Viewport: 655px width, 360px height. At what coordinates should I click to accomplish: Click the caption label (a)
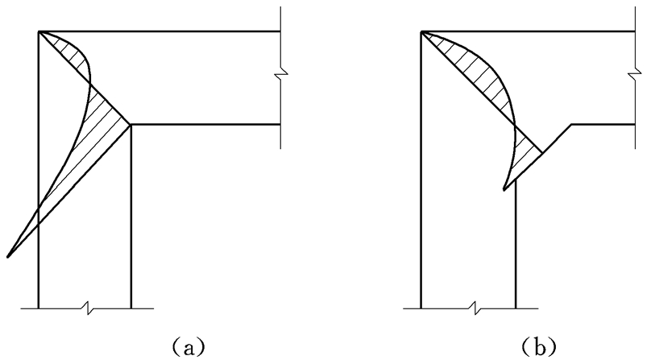pyautogui.click(x=189, y=346)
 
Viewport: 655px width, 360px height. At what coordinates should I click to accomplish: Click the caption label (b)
pyautogui.click(x=539, y=346)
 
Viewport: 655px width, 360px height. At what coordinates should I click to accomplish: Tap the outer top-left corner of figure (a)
pyautogui.click(x=39, y=31)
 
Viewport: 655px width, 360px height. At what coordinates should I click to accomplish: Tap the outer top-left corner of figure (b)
pyautogui.click(x=421, y=31)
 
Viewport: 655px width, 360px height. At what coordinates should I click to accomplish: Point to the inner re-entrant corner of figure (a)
pyautogui.click(x=131, y=125)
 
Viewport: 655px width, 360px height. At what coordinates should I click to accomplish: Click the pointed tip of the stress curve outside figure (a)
pyautogui.click(x=7, y=257)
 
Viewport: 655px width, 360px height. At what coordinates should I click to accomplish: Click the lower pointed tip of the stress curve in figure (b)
pyautogui.click(x=504, y=190)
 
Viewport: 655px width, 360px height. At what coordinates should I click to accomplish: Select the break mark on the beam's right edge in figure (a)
pyautogui.click(x=280, y=76)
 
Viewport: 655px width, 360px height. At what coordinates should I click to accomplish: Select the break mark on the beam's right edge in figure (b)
pyautogui.click(x=635, y=76)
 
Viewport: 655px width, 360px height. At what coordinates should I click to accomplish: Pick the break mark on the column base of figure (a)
pyautogui.click(x=88, y=308)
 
